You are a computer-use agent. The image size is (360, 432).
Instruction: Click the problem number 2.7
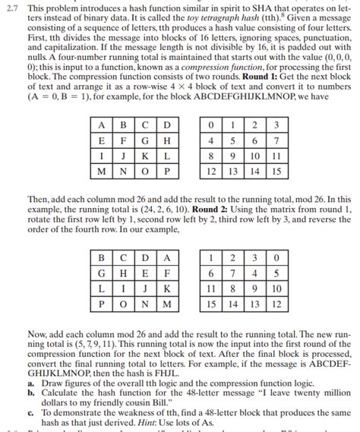tap(11, 6)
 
